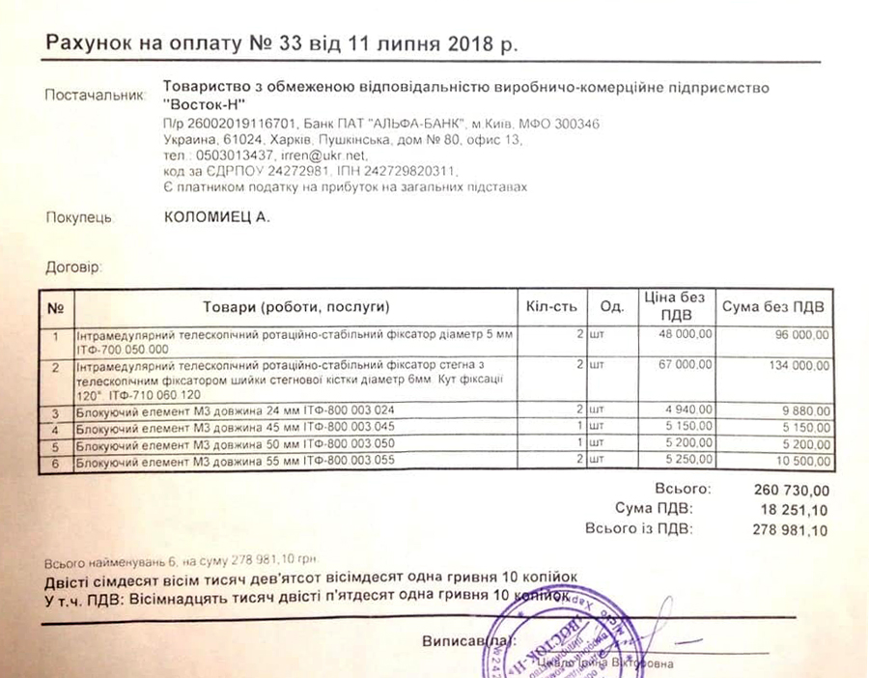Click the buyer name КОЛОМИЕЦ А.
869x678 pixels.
coord(217,217)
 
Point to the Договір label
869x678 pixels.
coord(73,266)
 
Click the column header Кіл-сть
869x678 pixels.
coord(551,307)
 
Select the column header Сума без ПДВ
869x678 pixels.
coord(773,307)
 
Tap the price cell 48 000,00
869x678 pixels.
coord(687,334)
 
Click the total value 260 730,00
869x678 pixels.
coord(790,490)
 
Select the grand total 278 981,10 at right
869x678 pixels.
coord(789,529)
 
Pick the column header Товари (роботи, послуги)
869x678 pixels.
coord(294,307)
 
